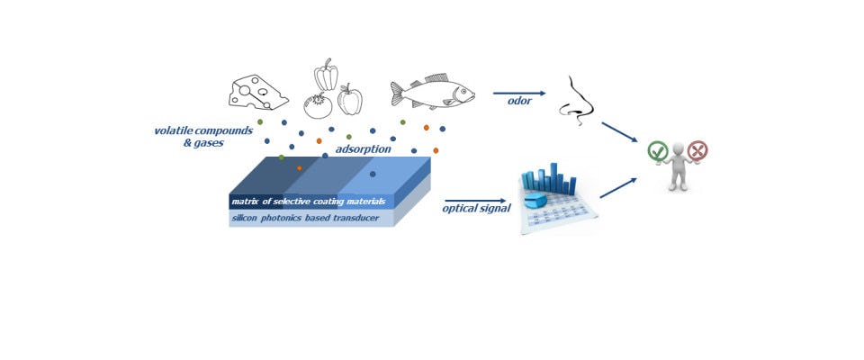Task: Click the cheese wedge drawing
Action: (258, 92)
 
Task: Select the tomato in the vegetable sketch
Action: (318, 105)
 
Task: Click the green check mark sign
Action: (658, 151)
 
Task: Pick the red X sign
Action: (697, 150)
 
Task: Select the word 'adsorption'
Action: (363, 148)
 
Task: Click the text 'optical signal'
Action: (476, 209)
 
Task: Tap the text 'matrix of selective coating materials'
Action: (308, 201)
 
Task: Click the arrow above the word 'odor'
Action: (519, 92)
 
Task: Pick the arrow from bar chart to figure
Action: (618, 187)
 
